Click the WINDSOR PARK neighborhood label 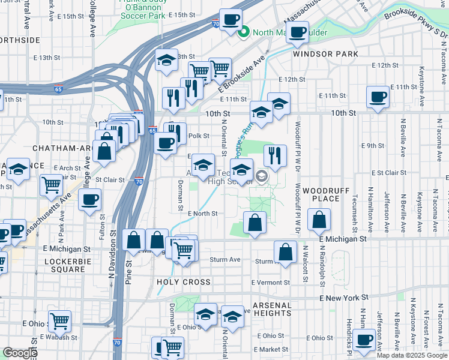325,54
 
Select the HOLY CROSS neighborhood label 184,282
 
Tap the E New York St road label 343,298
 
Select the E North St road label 202,213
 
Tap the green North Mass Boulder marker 244,32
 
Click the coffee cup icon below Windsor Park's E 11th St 378,97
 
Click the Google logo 19,353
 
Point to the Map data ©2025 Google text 412,355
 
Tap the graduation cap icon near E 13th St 167,59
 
